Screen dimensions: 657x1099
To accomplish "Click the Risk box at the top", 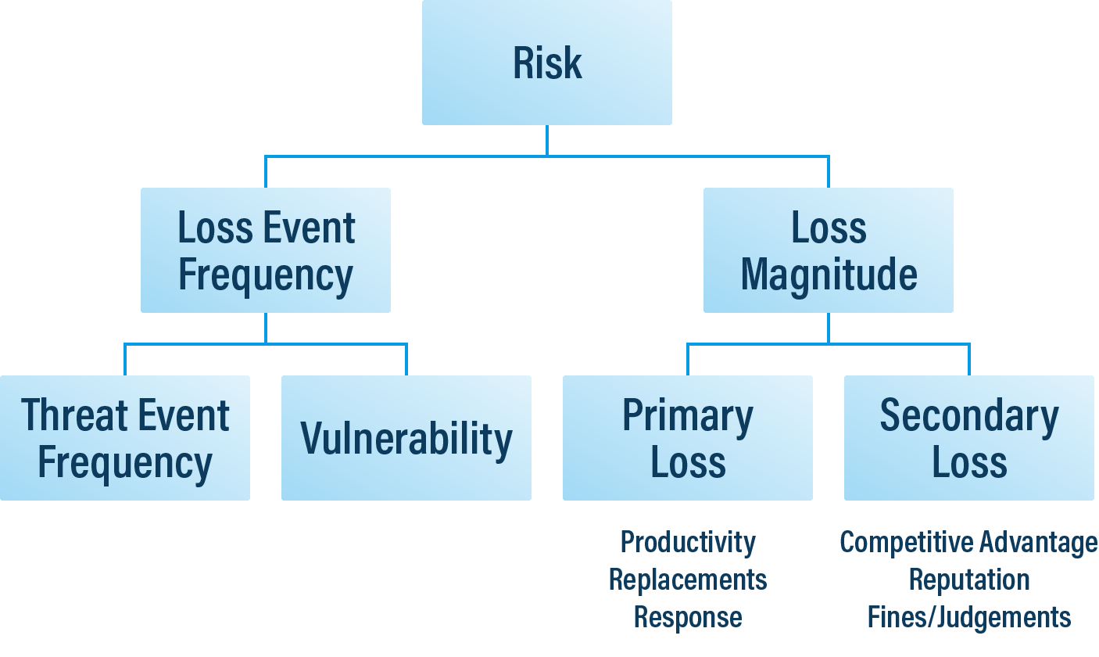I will coord(546,63).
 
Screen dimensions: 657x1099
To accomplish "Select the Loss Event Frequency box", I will coord(265,250).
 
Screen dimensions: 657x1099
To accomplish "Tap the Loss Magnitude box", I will coord(828,250).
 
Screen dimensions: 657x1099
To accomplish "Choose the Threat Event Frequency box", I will coord(124,438).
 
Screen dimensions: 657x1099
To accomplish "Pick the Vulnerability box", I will coord(406,438).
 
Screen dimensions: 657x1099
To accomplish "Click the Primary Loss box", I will coord(687,438).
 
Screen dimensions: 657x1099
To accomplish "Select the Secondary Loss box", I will coord(968,438).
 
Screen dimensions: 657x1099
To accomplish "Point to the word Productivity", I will coord(688,541).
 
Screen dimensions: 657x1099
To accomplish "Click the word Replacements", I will coord(688,580).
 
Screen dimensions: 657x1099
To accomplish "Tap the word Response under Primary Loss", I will coord(688,617).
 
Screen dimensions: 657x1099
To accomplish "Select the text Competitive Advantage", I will coord(968,541).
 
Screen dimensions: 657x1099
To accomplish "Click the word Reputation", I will coord(968,580).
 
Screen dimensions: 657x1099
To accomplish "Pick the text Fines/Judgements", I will coord(968,617).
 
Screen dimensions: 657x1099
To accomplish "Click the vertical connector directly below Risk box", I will coord(546,141).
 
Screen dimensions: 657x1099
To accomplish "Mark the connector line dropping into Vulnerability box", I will coord(406,360).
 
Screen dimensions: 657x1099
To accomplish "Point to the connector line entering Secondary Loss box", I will coord(969,360).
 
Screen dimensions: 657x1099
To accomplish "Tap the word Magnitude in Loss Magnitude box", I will coord(829,275).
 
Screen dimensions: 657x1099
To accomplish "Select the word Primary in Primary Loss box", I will coord(688,416).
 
